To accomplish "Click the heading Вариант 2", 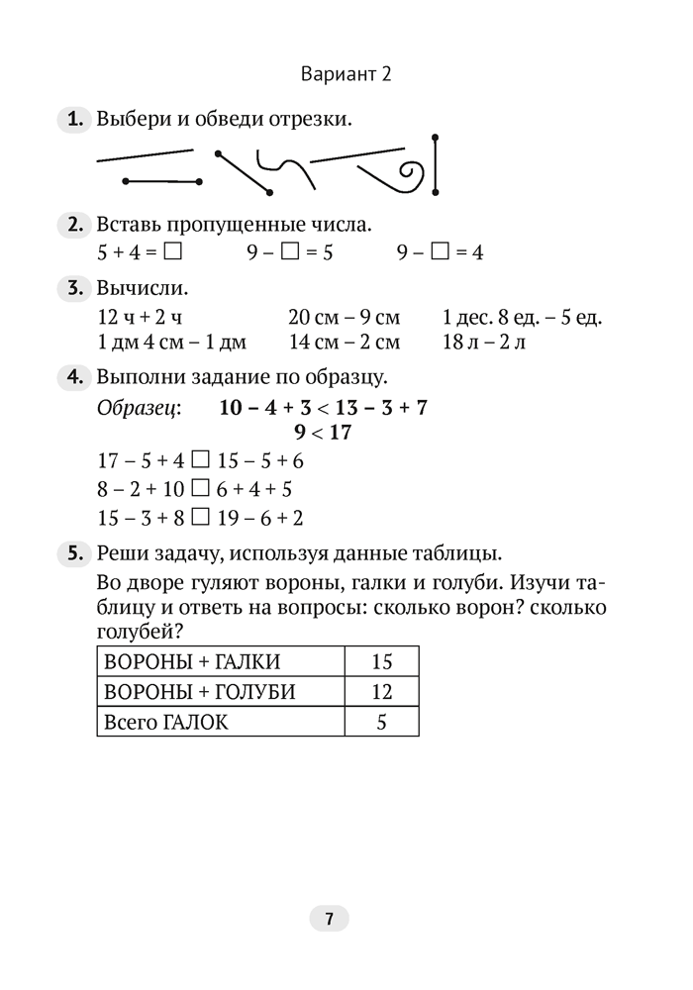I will (346, 74).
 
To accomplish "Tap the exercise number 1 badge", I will (74, 121).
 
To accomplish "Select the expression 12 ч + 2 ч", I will (141, 318).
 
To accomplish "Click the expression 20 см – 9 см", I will (344, 318).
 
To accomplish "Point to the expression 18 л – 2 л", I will (485, 343).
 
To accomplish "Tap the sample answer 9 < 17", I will (323, 433).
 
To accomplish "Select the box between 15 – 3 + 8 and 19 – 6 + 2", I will (200, 517).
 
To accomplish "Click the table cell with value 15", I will (381, 661).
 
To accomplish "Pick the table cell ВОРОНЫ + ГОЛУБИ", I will (220, 692).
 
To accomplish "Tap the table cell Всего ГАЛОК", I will (220, 722).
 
